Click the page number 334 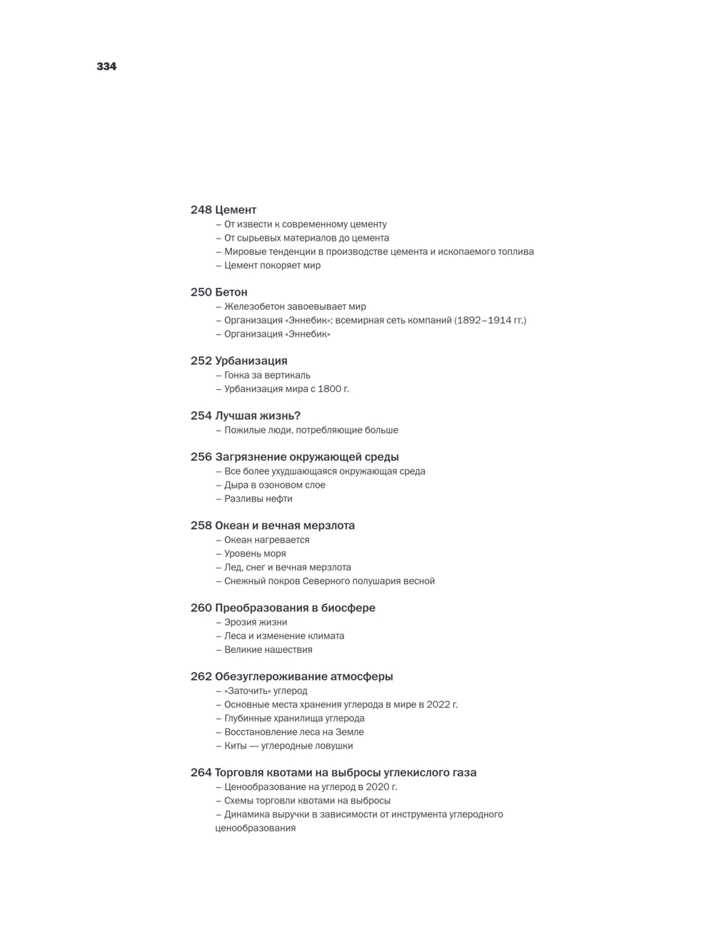click(106, 66)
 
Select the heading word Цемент click(236, 210)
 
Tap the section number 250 click(201, 292)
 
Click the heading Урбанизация click(251, 361)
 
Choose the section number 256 click(201, 457)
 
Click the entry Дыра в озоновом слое click(264, 485)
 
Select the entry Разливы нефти click(258, 498)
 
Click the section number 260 click(201, 608)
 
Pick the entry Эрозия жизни click(255, 622)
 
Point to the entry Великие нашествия click(268, 650)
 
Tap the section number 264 click(201, 773)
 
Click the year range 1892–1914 click(482, 320)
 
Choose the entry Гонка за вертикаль click(267, 375)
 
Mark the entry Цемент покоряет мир click(272, 265)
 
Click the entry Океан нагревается click(266, 540)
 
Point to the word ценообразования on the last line click(255, 828)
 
